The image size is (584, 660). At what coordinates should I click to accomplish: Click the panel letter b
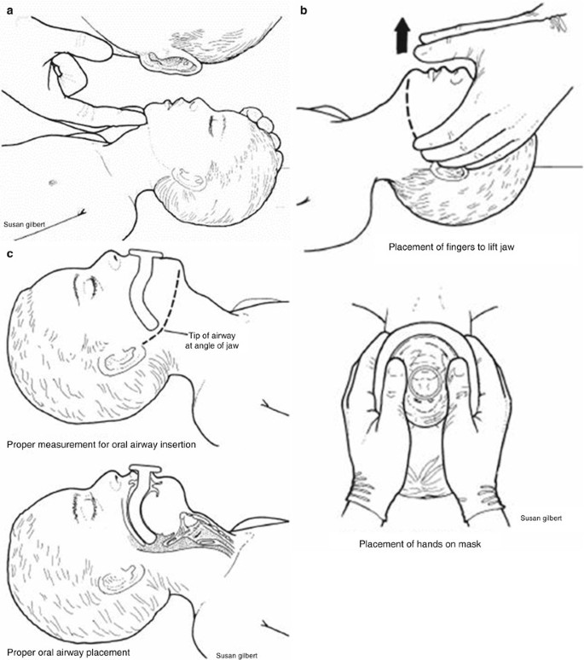(304, 10)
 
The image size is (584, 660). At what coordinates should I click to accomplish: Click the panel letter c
(9, 254)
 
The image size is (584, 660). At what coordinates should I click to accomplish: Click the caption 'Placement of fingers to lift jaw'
(452, 247)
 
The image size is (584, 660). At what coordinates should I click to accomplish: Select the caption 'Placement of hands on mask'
(420, 544)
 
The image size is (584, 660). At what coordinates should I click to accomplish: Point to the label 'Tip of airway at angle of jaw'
(212, 340)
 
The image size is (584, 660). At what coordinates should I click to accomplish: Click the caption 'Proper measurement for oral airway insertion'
(101, 444)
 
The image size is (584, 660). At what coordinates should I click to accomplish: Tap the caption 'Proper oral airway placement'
(68, 652)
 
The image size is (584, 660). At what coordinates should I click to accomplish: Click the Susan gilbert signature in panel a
(25, 224)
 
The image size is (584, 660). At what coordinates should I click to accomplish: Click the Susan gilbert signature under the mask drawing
(541, 518)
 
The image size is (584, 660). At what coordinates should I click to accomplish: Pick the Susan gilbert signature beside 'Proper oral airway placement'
(236, 656)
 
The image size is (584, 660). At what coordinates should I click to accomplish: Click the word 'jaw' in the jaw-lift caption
(507, 247)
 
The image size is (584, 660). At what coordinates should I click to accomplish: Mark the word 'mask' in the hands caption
(471, 544)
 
